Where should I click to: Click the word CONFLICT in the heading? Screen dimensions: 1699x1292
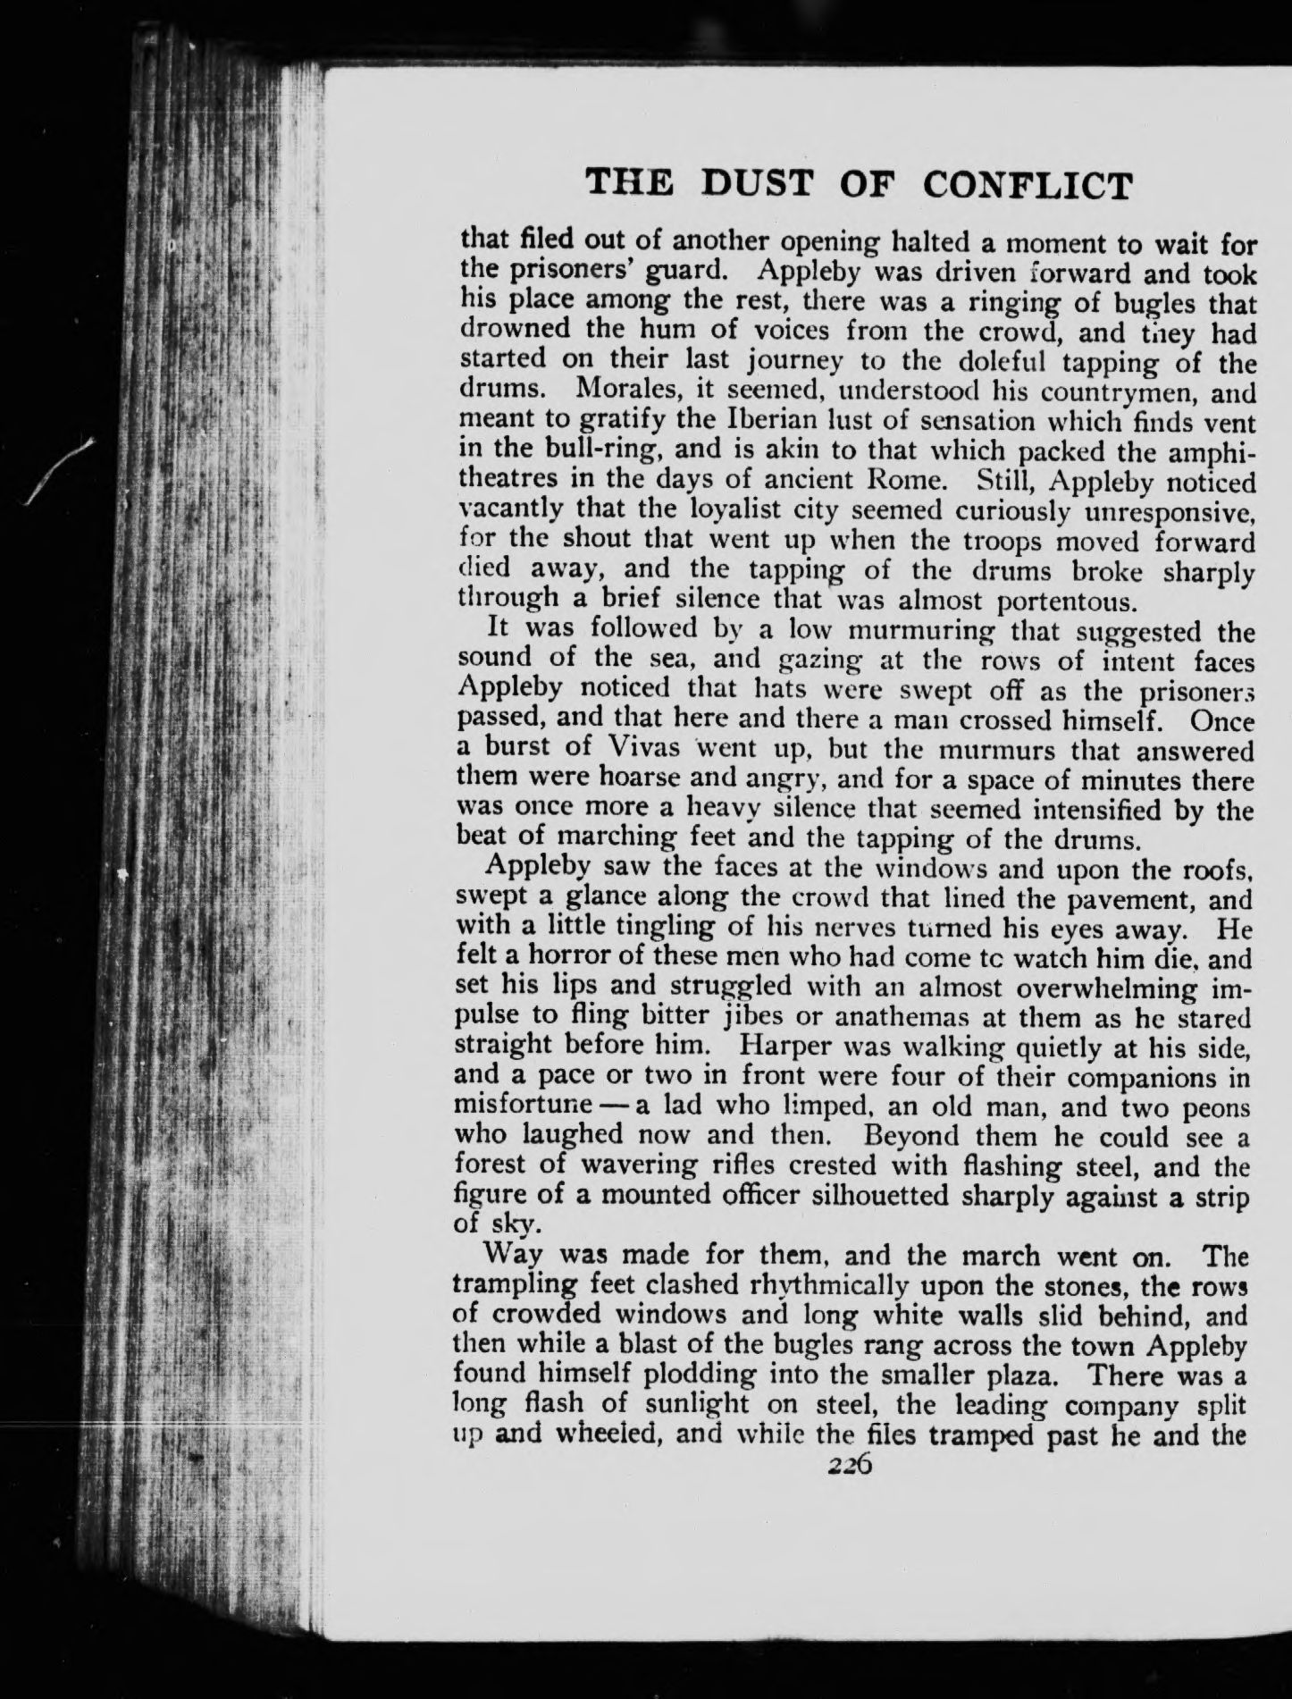tap(1027, 184)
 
